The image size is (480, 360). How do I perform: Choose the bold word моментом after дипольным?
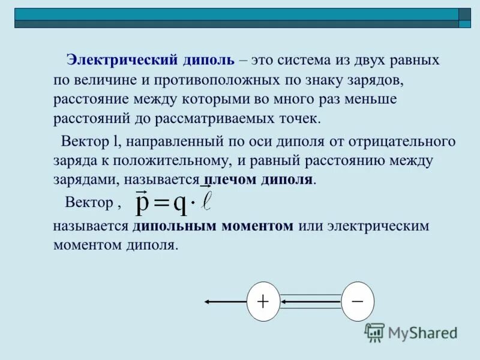pyautogui.click(x=257, y=226)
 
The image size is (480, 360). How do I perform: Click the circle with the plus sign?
pyautogui.click(x=263, y=301)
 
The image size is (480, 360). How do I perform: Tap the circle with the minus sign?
pyautogui.click(x=358, y=301)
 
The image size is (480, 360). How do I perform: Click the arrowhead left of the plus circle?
pyautogui.click(x=208, y=301)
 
